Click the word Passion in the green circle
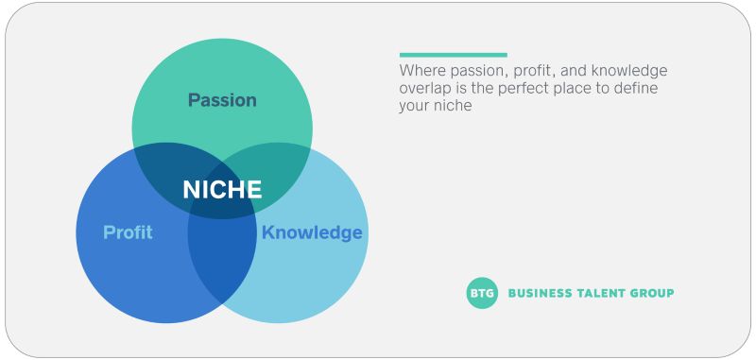pyautogui.click(x=222, y=100)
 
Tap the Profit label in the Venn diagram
pyautogui.click(x=128, y=232)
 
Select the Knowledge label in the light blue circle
pyautogui.click(x=312, y=232)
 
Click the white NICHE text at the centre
pyautogui.click(x=222, y=189)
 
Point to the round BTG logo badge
pyautogui.click(x=482, y=293)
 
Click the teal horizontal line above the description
pyautogui.click(x=453, y=55)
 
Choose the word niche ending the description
pyautogui.click(x=453, y=106)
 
